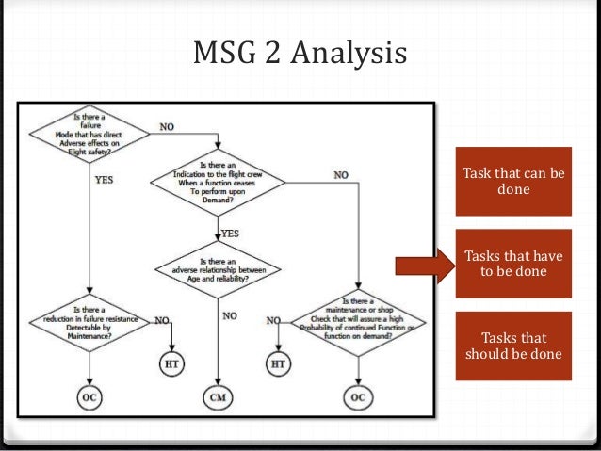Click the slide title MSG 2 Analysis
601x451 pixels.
coord(300,54)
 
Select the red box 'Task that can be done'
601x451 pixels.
coord(513,182)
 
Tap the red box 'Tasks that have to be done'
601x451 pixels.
coord(513,264)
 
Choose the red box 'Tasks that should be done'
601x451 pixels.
coord(513,346)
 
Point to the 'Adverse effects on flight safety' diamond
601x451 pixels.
coord(89,134)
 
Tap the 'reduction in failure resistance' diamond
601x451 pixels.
coord(89,320)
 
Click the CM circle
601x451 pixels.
coord(218,398)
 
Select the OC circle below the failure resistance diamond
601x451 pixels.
coord(89,398)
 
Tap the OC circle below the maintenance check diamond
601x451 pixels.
coord(357,398)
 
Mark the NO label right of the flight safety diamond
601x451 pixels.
coord(166,125)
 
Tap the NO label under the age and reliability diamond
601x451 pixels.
coord(230,316)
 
